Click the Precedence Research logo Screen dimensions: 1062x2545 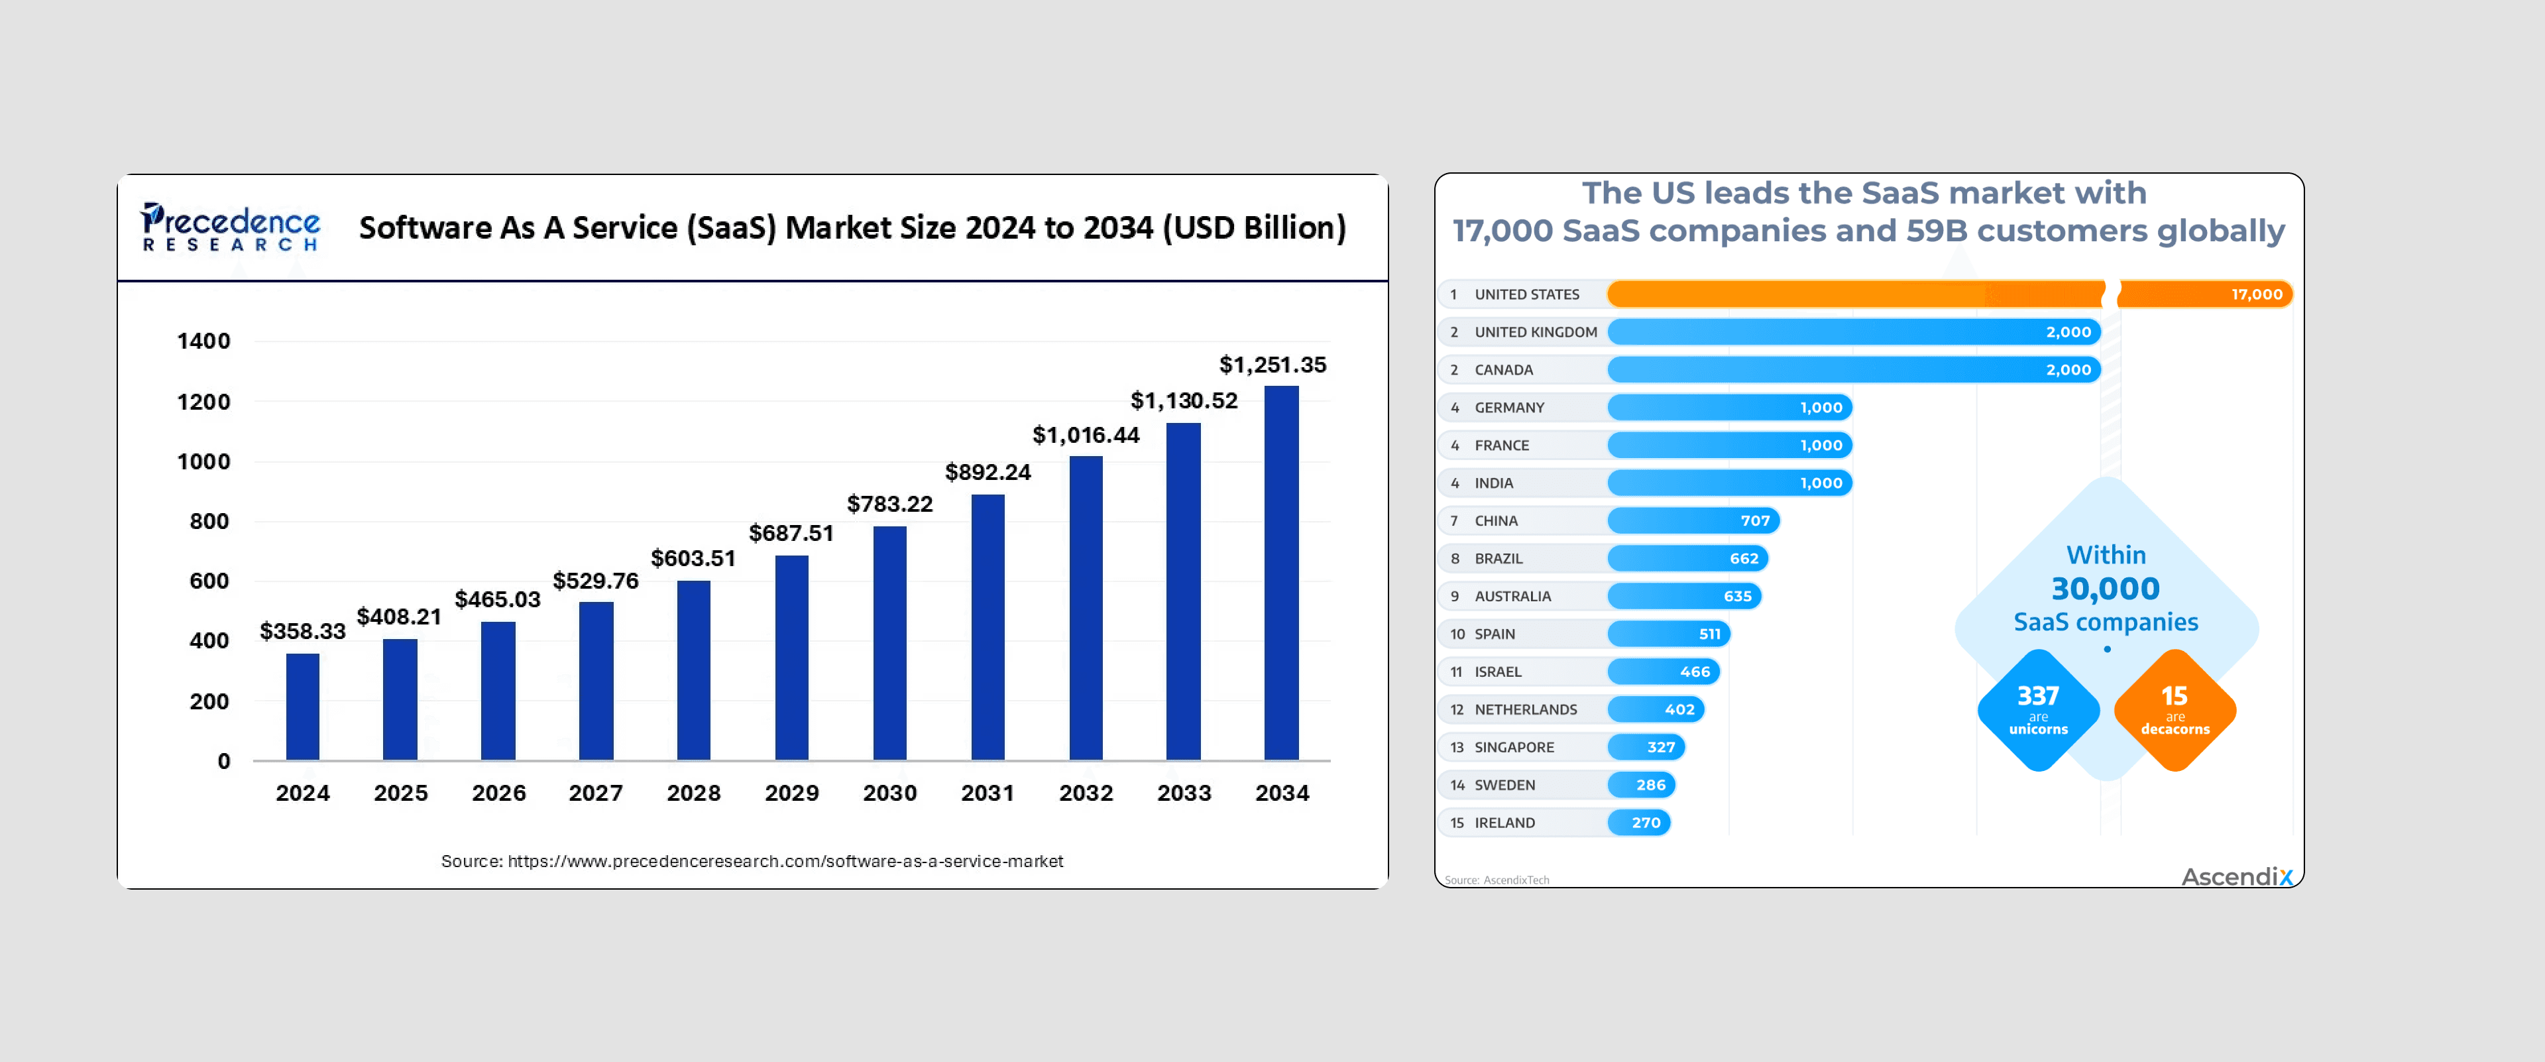[230, 227]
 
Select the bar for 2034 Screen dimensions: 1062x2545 [1281, 573]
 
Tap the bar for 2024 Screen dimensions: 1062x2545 [302, 707]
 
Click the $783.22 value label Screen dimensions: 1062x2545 [889, 504]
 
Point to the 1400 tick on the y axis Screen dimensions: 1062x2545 [203, 341]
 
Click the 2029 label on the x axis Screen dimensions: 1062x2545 [791, 792]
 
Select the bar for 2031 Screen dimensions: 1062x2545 [987, 627]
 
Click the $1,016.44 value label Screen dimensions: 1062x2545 [1086, 435]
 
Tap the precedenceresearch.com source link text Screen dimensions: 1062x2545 [752, 860]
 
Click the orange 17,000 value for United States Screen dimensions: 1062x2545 [2257, 294]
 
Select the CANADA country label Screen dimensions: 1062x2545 [1504, 369]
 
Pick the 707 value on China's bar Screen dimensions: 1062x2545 [1754, 520]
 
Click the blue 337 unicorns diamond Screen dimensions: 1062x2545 [2038, 709]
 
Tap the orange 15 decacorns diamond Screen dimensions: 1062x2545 [2175, 709]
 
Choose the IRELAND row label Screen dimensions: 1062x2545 [1504, 822]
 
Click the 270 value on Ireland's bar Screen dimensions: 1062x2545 [1646, 822]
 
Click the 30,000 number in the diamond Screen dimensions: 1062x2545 [2106, 589]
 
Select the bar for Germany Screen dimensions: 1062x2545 [1729, 407]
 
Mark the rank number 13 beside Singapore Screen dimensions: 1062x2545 [1456, 747]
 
